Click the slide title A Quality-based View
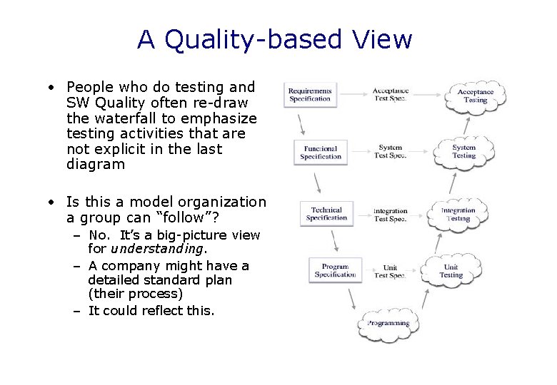[x=275, y=39]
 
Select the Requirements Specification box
[x=310, y=95]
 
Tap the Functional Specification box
[x=321, y=153]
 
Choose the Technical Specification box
[x=326, y=214]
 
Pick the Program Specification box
[x=335, y=270]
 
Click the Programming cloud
[x=388, y=324]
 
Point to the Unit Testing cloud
[x=451, y=271]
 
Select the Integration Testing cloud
[x=458, y=215]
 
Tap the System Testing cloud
[x=463, y=152]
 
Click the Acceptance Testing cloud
[x=476, y=96]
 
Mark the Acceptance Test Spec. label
[x=391, y=95]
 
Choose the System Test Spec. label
[x=391, y=152]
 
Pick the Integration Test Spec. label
[x=391, y=215]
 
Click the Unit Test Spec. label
[x=390, y=272]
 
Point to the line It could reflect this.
[x=151, y=310]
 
